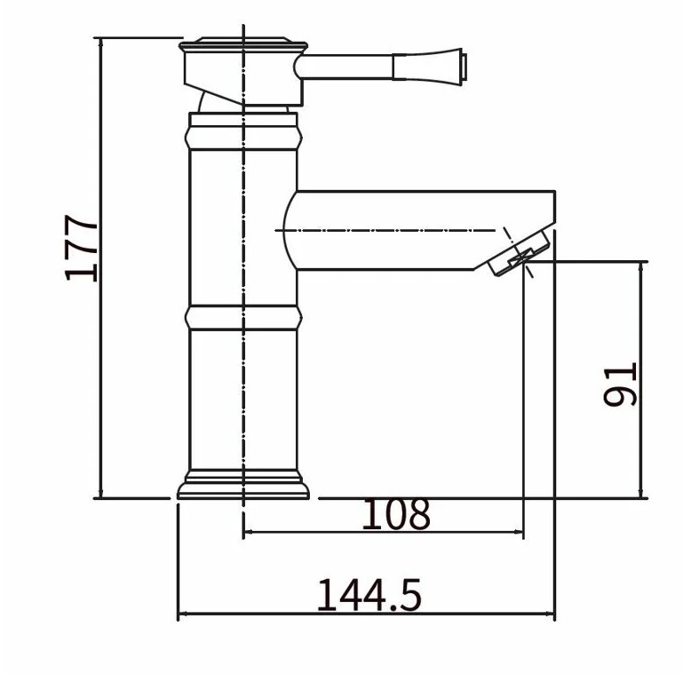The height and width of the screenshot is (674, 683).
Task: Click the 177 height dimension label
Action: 81,248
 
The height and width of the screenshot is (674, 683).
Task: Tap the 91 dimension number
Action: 620,385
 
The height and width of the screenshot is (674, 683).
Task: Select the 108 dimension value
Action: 396,514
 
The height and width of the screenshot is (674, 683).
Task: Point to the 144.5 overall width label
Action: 369,595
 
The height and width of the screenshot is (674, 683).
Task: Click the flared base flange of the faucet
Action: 243,484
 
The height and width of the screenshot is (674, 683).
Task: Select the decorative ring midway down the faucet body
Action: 243,317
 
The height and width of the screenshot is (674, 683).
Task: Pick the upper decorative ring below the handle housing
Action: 243,138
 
